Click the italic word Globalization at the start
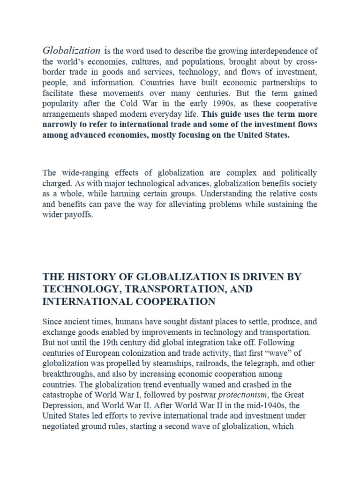click(x=71, y=51)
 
